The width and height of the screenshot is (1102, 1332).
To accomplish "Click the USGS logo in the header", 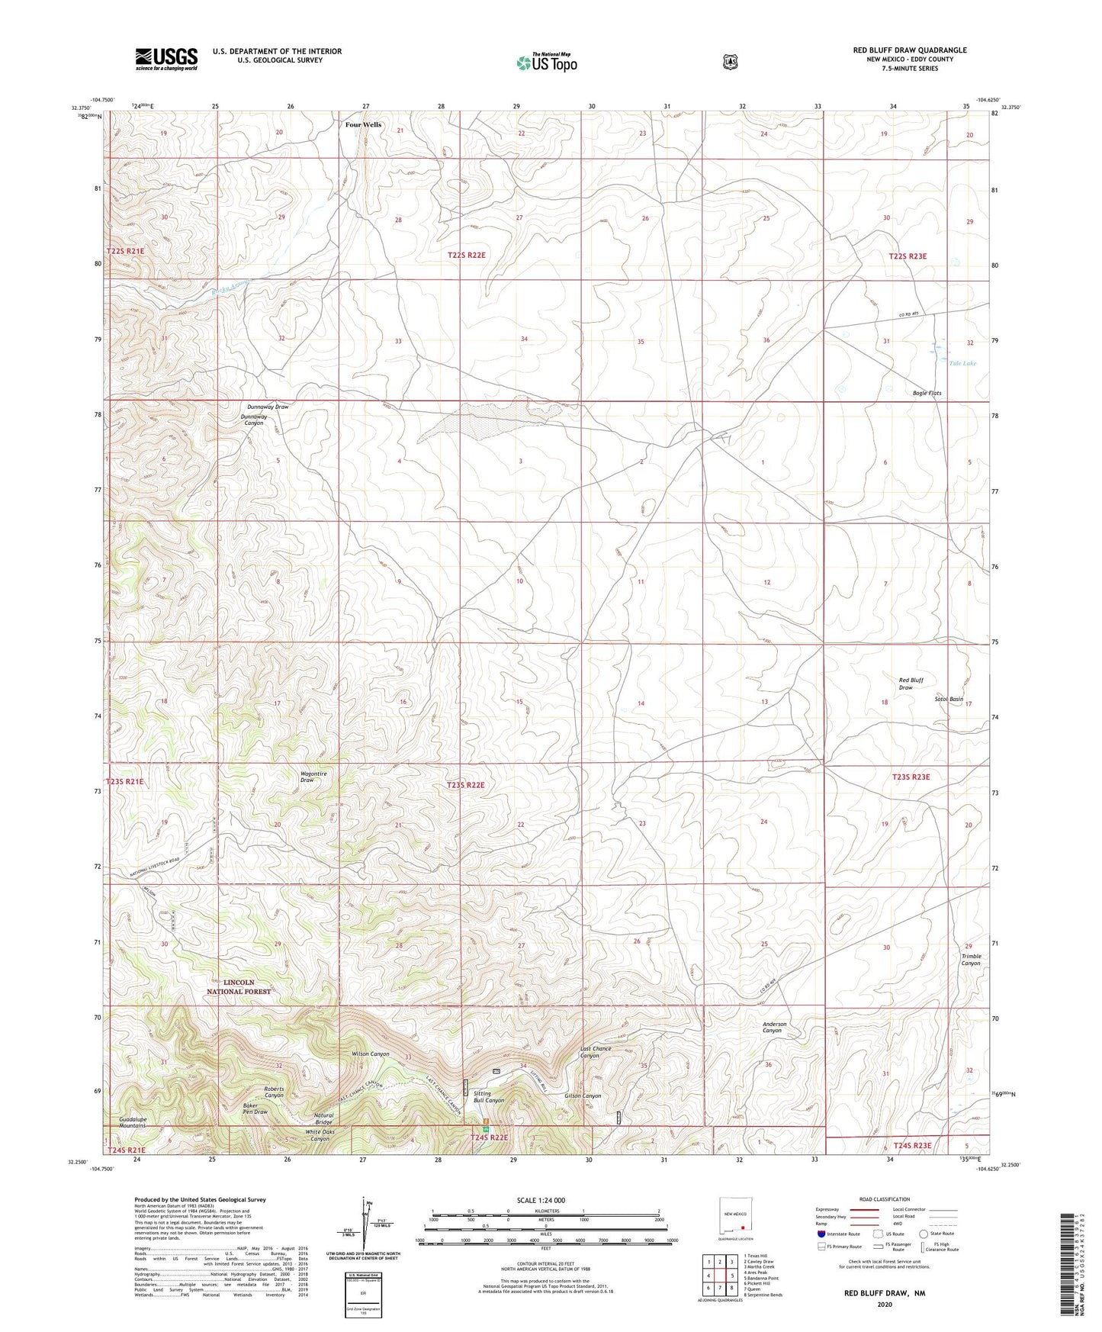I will click(166, 59).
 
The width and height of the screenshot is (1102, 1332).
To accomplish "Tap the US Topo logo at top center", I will click(546, 63).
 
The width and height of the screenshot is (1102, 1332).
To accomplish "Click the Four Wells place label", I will click(363, 124).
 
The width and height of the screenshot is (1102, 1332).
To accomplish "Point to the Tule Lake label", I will click(962, 363).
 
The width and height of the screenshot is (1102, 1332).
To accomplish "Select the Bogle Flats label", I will click(927, 393).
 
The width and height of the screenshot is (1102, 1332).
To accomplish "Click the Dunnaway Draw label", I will click(268, 407).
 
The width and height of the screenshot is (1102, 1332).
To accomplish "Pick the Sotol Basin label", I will click(949, 699).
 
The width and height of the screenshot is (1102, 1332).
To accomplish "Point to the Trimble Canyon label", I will click(971, 959).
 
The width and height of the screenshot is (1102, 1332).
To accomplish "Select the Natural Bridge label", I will click(323, 1119).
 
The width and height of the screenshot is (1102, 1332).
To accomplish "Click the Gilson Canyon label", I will click(583, 1096).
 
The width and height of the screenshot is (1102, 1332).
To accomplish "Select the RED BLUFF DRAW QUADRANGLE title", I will click(910, 50).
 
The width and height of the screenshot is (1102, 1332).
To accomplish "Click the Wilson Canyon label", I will click(370, 1054).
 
